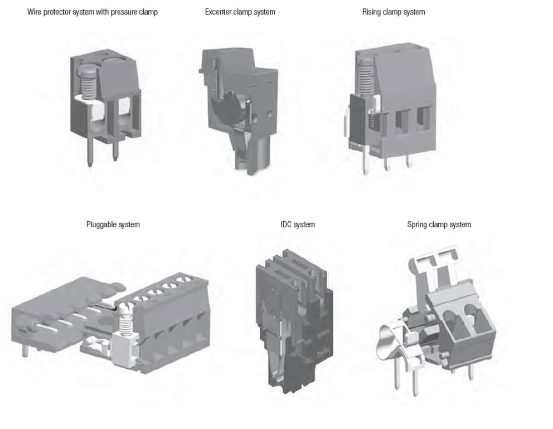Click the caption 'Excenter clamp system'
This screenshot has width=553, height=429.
pyautogui.click(x=240, y=12)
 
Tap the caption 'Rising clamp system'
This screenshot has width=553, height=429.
pyautogui.click(x=393, y=12)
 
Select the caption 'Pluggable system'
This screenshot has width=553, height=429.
pyautogui.click(x=113, y=225)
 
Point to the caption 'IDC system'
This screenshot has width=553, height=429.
pyautogui.click(x=297, y=225)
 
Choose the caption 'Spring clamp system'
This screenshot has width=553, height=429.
pyautogui.click(x=439, y=225)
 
